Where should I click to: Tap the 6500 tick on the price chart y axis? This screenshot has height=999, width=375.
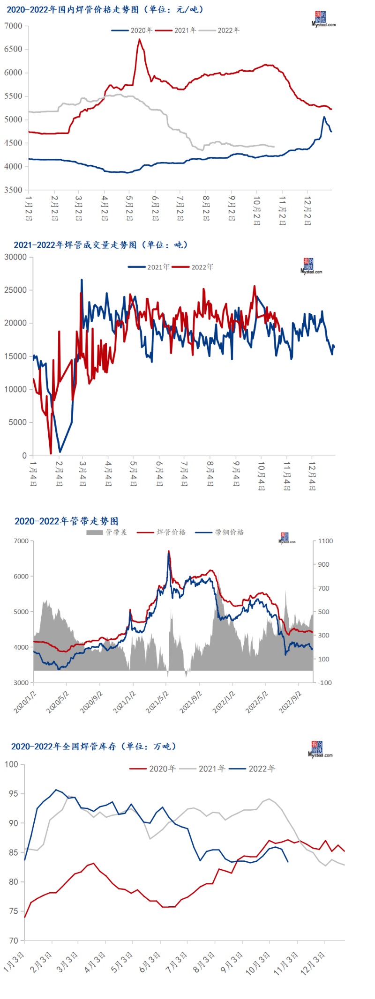click(13, 49)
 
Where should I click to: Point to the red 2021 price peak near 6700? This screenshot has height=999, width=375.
click(139, 39)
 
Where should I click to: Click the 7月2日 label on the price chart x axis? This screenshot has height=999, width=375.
click(180, 208)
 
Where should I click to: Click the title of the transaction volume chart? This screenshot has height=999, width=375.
click(101, 245)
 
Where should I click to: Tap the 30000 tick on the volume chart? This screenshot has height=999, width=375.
click(15, 257)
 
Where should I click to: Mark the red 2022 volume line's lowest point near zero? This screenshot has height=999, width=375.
click(51, 453)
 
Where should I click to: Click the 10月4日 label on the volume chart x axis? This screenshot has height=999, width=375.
click(261, 476)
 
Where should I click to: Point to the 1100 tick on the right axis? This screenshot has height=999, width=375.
click(325, 541)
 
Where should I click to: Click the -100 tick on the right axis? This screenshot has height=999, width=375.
click(325, 683)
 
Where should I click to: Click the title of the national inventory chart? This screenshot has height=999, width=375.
click(94, 747)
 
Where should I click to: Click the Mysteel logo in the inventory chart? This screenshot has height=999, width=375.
click(320, 749)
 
